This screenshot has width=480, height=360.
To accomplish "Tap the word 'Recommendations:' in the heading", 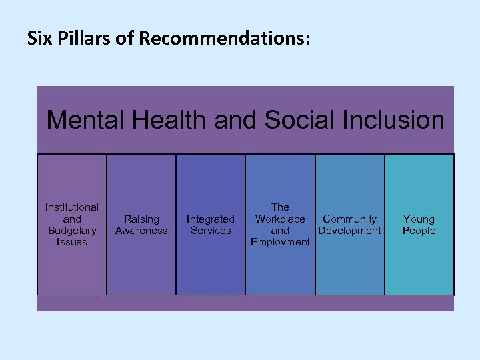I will (x=225, y=39).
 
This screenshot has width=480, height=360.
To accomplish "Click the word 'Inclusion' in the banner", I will (x=394, y=121).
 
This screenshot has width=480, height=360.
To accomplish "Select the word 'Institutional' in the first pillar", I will (x=72, y=207).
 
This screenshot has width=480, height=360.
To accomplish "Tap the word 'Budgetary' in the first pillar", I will (x=72, y=231).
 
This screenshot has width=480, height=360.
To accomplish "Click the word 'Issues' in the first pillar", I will (x=72, y=242).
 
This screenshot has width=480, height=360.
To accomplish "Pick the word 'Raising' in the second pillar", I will (x=141, y=219).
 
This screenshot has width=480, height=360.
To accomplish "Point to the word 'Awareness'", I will (x=141, y=231).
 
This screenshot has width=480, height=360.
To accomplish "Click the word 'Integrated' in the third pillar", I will (x=211, y=219).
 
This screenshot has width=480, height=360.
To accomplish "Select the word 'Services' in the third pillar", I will (x=211, y=231).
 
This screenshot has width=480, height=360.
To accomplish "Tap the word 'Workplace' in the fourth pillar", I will (x=280, y=219).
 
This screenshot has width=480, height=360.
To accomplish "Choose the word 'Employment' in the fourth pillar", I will (x=280, y=242).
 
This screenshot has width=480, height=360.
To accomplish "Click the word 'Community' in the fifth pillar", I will (x=349, y=219).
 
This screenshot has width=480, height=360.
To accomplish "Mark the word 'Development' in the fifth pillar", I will (x=349, y=231).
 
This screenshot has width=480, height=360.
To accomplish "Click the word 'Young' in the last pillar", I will (x=419, y=219).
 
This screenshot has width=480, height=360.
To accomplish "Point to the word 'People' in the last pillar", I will (x=419, y=231).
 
